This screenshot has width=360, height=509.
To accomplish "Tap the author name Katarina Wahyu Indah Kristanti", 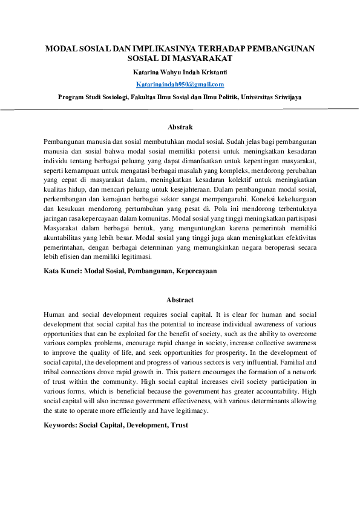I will click(x=180, y=72).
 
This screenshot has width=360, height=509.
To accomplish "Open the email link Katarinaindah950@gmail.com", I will click(x=180, y=84).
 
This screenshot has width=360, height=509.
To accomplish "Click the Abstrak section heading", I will click(x=180, y=127).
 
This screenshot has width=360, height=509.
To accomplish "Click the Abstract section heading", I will click(x=180, y=300).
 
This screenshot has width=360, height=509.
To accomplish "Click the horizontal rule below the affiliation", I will click(x=180, y=109).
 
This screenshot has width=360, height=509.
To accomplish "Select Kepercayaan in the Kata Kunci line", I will click(x=196, y=271).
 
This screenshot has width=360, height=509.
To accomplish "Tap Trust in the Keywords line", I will click(x=180, y=425).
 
